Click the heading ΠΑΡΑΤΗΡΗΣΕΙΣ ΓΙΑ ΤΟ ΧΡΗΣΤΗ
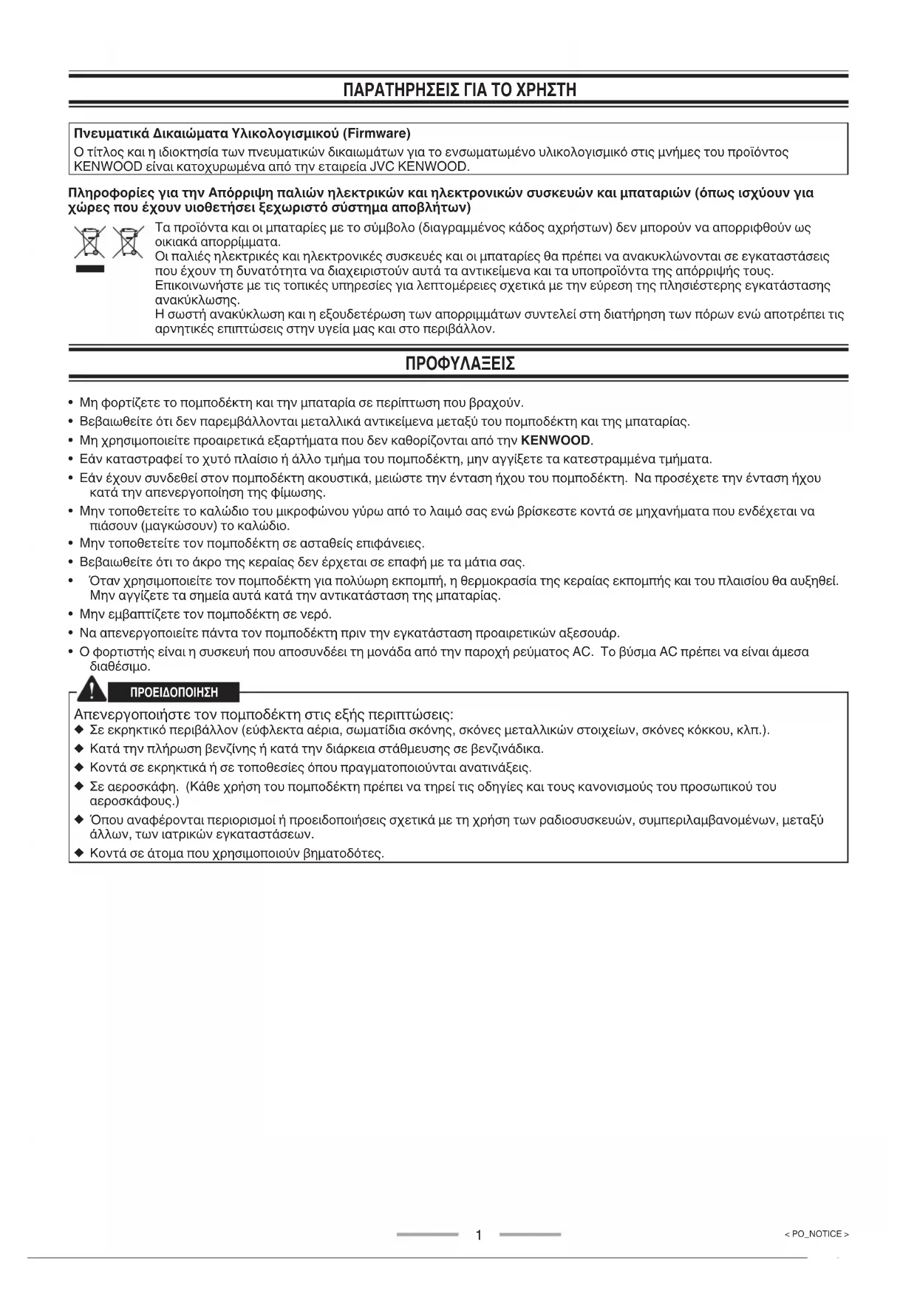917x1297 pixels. pyautogui.click(x=459, y=90)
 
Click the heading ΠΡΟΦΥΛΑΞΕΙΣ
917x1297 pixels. pyautogui.click(x=459, y=364)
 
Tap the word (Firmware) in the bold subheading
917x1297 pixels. pyautogui.click(x=376, y=134)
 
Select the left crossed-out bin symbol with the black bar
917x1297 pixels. pyautogui.click(x=89, y=242)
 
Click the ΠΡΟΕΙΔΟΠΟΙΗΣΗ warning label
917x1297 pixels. pyautogui.click(x=174, y=693)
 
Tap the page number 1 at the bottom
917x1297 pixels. pyautogui.click(x=479, y=1235)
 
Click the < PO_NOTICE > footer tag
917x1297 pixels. pyautogui.click(x=817, y=1234)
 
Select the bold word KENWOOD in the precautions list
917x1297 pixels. pyautogui.click(x=556, y=441)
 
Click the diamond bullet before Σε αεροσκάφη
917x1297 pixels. pyautogui.click(x=79, y=787)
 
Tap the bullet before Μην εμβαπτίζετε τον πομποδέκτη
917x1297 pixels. pyautogui.click(x=69, y=614)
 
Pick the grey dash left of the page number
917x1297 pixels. pyautogui.click(x=427, y=1234)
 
